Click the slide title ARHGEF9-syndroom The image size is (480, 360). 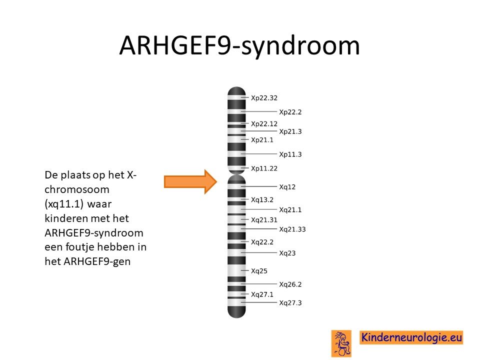(x=239, y=45)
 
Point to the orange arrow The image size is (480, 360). (x=190, y=182)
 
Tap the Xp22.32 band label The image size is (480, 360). (x=264, y=98)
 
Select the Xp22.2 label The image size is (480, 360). (x=290, y=112)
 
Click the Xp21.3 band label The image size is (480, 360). (x=290, y=131)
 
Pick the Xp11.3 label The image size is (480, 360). (x=290, y=154)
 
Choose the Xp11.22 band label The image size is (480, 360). (x=264, y=168)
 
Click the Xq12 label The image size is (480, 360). (x=287, y=186)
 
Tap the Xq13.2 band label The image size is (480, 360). (x=262, y=200)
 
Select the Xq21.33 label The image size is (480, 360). (x=292, y=229)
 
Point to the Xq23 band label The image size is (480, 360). (x=287, y=253)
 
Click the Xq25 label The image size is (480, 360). (x=259, y=271)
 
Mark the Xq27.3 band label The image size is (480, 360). (x=290, y=303)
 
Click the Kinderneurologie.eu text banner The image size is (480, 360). (x=411, y=337)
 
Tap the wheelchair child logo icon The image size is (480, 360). (x=341, y=343)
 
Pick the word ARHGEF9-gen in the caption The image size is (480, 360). (x=97, y=261)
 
